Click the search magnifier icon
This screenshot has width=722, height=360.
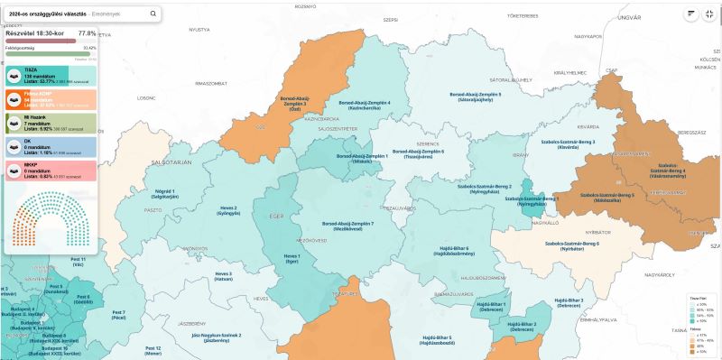tap(153, 14)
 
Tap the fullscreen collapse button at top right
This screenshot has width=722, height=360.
tap(713, 14)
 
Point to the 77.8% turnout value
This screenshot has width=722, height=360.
tap(87, 33)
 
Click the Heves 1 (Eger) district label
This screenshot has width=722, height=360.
tap(292, 258)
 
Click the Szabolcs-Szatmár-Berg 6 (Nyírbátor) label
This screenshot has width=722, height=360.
tap(571, 246)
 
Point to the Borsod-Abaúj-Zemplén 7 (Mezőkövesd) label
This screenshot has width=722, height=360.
tap(347, 226)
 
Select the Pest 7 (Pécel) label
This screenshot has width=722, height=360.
tap(118, 315)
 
